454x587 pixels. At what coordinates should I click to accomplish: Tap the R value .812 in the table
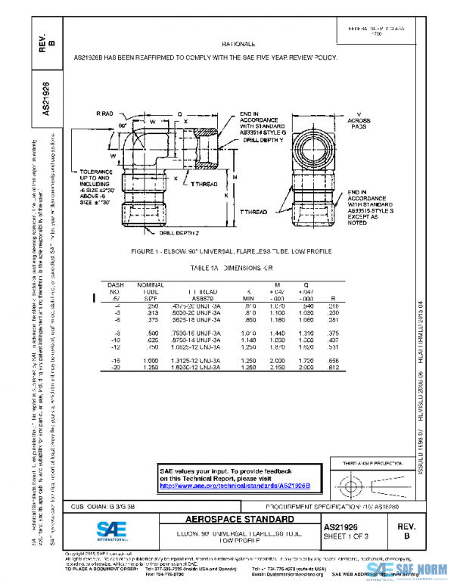pyautogui.click(x=332, y=368)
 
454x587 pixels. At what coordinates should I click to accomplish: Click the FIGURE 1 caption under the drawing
pyautogui.click(x=225, y=250)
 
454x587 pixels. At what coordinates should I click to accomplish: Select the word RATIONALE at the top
pyautogui.click(x=238, y=45)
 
